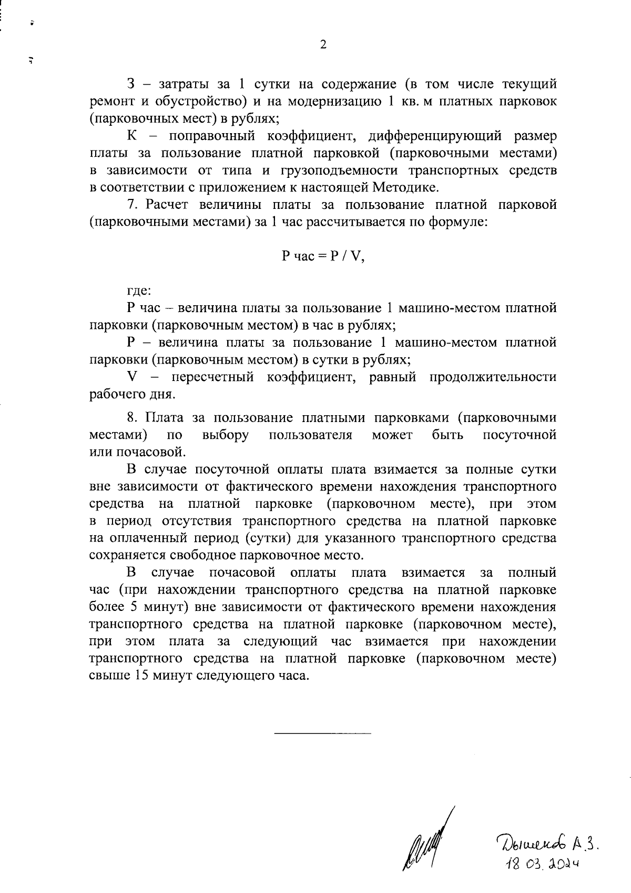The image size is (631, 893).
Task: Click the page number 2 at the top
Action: [323, 45]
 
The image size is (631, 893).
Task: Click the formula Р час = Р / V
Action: [323, 256]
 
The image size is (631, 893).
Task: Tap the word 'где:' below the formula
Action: [139, 290]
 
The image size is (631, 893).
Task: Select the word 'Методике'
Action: [408, 187]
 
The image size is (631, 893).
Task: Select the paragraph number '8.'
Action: [133, 418]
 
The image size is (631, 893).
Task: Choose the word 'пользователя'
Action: [310, 435]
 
